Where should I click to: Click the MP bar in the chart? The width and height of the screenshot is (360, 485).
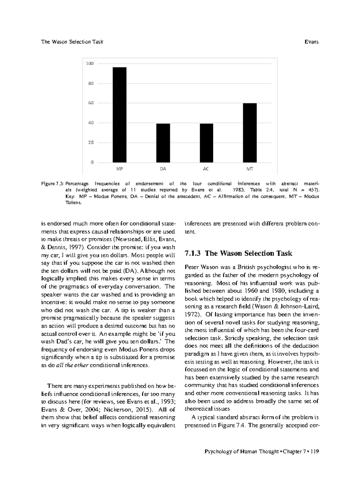coord(119,115)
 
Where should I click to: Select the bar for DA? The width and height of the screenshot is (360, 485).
coord(163,143)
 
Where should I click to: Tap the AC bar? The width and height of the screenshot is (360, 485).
coord(206,143)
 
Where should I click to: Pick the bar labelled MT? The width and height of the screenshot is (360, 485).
coord(250,133)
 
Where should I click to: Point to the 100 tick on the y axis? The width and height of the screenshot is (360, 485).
coord(90,64)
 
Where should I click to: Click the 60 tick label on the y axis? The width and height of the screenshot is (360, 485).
coord(91,103)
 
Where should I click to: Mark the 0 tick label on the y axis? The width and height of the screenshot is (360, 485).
coord(92,162)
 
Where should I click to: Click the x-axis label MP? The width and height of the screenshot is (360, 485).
coord(119,169)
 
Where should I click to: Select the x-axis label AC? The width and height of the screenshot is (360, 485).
coord(206,169)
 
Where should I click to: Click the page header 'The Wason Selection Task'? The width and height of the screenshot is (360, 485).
coord(72,42)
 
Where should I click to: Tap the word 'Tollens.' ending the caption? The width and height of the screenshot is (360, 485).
coord(73,203)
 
